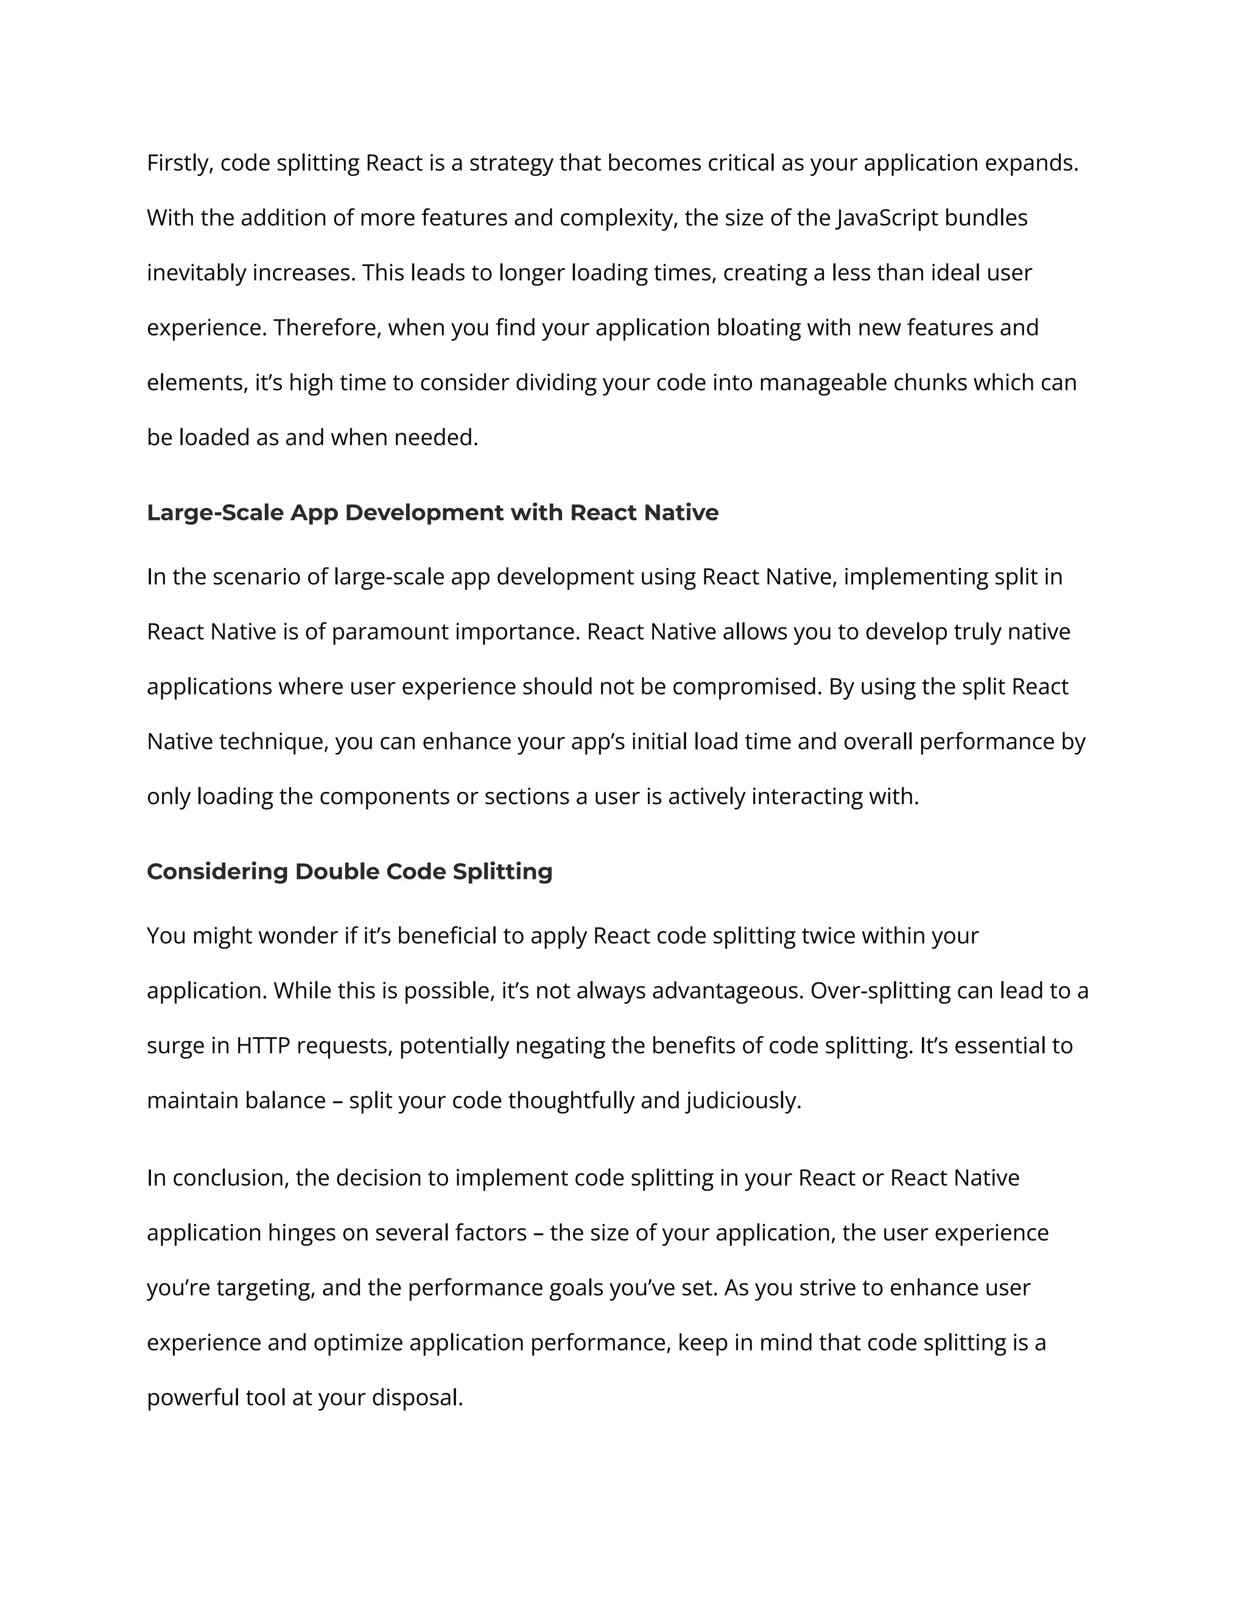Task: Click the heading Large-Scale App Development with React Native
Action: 432,513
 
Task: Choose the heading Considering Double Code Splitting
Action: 350,872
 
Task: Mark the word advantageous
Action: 727,991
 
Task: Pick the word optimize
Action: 357,1343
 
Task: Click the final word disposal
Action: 416,1398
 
